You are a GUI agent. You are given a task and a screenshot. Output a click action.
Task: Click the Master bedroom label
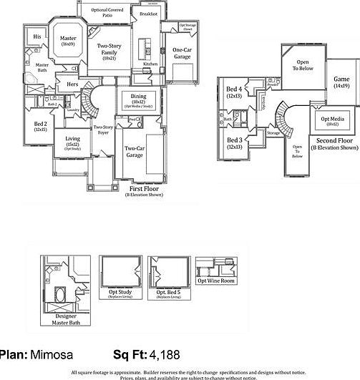[x=68, y=41]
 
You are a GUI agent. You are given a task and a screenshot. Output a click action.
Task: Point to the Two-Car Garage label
[x=133, y=151]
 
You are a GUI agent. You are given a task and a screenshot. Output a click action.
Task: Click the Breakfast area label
[x=148, y=14]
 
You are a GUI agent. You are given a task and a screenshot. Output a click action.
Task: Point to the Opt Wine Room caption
[x=215, y=281]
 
